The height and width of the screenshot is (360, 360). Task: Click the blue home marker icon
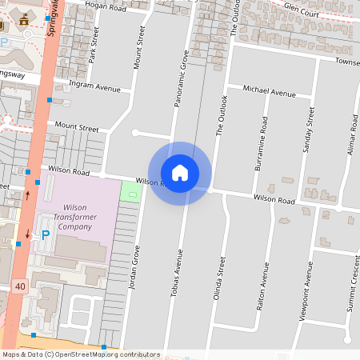coord(180,173)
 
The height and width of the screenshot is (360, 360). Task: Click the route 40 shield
coord(18,286)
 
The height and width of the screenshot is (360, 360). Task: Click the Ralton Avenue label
coord(261,289)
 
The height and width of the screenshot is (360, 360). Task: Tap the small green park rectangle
coord(129,193)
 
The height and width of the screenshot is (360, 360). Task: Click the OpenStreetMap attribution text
coord(81,354)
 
